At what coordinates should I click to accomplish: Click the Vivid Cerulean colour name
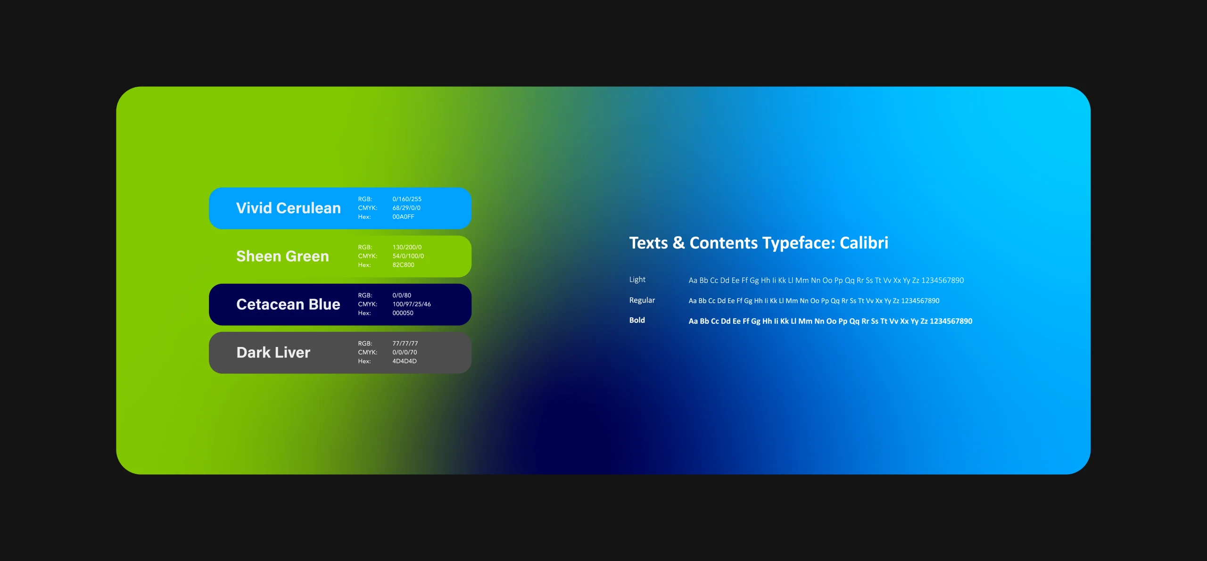(x=288, y=208)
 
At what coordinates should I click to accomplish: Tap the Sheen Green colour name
(x=282, y=256)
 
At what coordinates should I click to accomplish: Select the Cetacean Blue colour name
(x=288, y=304)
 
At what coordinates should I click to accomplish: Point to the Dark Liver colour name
(x=273, y=352)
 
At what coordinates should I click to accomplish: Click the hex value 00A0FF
(x=403, y=217)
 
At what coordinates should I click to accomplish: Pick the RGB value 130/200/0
(x=407, y=247)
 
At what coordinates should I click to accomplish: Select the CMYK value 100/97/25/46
(x=412, y=304)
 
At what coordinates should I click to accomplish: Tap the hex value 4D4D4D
(x=405, y=361)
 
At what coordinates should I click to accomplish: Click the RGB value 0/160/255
(x=407, y=199)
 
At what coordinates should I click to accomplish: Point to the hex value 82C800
(x=403, y=265)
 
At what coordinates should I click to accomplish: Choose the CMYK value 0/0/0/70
(x=405, y=352)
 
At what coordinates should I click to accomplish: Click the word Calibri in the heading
(x=864, y=243)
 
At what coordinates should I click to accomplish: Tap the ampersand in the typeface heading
(x=678, y=243)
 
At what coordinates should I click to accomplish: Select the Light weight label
(x=637, y=280)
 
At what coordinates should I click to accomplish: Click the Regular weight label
(x=642, y=300)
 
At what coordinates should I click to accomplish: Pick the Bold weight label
(x=637, y=320)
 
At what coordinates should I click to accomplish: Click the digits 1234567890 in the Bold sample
(x=951, y=321)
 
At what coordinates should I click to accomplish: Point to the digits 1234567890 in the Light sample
(x=942, y=280)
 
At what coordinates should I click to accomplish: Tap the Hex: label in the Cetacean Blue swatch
(x=364, y=313)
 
